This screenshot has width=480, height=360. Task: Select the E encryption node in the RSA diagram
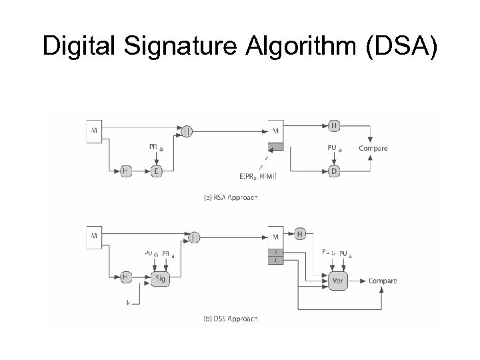[157, 171]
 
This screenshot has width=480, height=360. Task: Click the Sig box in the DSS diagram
[159, 279]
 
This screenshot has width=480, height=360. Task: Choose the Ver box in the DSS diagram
[337, 281]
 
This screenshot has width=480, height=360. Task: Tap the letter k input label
[128, 303]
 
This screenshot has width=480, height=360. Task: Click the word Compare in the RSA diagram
[373, 148]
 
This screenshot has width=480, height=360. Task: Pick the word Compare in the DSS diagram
[383, 281]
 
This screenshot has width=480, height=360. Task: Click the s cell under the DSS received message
[276, 253]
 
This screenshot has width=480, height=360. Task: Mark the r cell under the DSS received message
[276, 261]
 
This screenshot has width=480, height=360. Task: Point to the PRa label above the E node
[155, 148]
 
